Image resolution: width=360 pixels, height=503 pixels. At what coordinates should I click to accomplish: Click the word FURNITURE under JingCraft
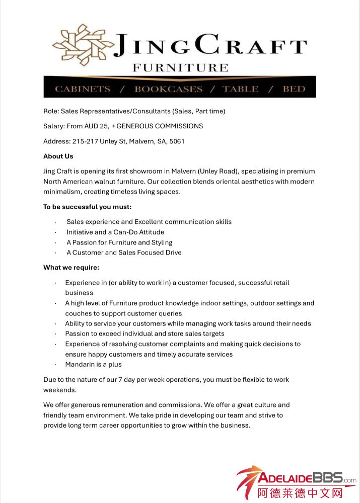[180, 67]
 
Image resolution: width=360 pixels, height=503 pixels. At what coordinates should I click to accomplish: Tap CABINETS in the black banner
[83, 89]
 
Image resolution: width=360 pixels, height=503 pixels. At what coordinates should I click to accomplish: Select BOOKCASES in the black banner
[168, 89]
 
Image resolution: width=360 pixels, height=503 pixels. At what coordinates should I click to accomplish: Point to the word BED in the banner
[294, 89]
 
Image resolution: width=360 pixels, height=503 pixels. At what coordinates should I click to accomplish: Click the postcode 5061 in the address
[177, 141]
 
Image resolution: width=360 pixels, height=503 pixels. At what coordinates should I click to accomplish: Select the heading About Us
[58, 156]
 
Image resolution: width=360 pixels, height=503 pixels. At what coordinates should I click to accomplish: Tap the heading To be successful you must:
[87, 207]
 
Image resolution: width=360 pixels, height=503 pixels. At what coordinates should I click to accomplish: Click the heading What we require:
[71, 267]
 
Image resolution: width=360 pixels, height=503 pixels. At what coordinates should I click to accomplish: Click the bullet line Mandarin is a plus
[93, 364]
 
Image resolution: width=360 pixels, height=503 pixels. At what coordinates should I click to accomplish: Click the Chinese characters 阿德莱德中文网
[300, 492]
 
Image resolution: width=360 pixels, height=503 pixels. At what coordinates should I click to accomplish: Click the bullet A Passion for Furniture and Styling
[119, 242]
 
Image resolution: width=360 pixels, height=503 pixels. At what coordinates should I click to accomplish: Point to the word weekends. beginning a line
[59, 390]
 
